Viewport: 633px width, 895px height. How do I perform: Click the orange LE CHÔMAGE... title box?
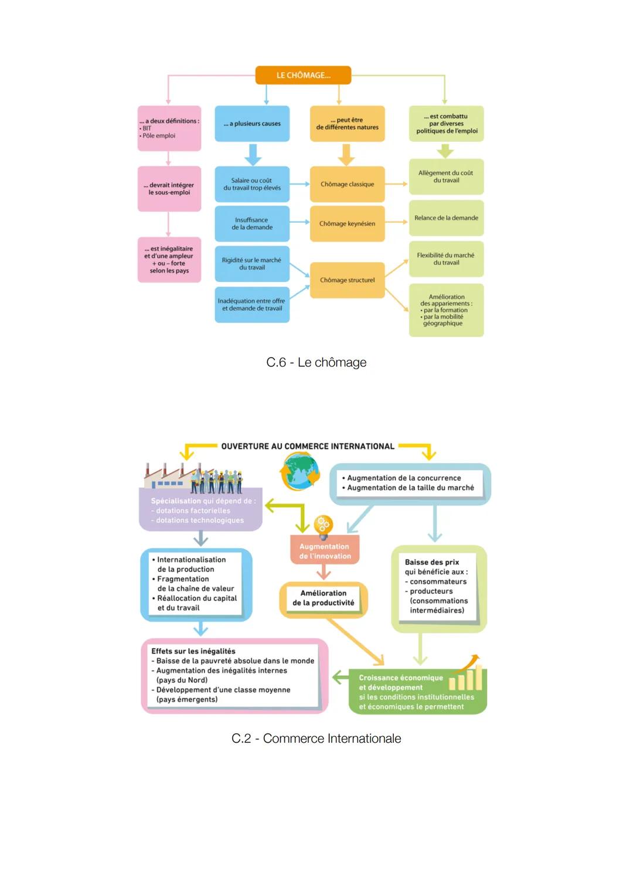point(303,75)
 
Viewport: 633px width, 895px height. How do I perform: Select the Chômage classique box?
point(347,184)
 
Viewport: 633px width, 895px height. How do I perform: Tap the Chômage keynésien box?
point(347,223)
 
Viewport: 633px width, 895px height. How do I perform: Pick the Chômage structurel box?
point(347,280)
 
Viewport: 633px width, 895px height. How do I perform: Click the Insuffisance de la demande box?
point(252,223)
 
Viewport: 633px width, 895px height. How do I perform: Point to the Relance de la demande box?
point(446,218)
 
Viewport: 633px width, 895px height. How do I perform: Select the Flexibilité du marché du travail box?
point(446,259)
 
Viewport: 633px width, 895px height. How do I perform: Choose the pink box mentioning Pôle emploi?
point(169,128)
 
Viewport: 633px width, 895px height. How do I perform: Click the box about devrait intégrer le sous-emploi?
point(169,189)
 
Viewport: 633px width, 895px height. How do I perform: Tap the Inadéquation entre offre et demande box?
point(252,305)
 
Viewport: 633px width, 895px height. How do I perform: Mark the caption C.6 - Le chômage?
point(316,363)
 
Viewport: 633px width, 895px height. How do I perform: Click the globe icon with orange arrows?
point(300,472)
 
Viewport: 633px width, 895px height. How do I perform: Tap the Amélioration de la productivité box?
point(324,598)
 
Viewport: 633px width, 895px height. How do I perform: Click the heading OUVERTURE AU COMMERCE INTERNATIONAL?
point(308,447)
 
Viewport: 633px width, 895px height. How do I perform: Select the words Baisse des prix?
point(432,562)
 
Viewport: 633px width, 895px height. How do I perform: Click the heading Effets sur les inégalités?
point(193,651)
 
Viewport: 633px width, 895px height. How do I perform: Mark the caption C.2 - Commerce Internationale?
point(316,739)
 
